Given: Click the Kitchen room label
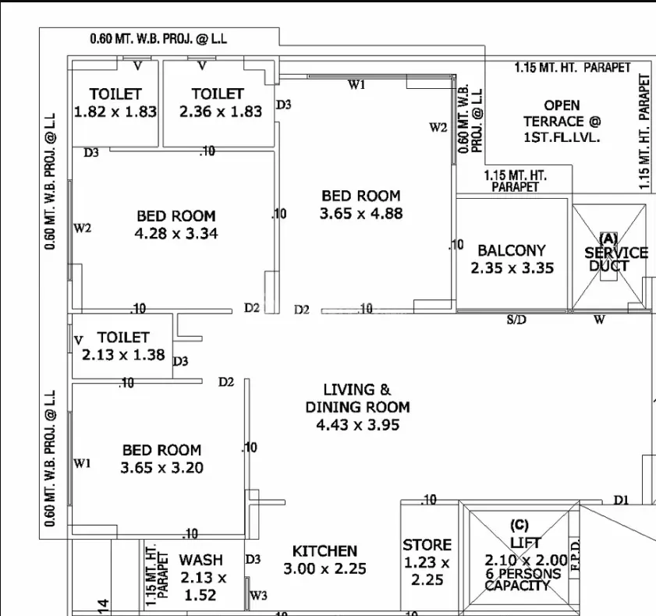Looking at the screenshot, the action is point(324,551).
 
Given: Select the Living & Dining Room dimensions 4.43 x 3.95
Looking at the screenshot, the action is point(358,425).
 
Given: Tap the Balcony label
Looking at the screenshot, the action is point(512,250).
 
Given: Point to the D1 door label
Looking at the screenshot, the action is point(621,500).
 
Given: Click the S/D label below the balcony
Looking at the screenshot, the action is point(516,320).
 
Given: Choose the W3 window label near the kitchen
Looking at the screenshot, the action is point(258,595).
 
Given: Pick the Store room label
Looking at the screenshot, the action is point(427,545).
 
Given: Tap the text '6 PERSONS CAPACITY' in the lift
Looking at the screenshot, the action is point(522,579).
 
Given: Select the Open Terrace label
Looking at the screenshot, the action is point(562,122).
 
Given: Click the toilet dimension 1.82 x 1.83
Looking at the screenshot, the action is point(115,112).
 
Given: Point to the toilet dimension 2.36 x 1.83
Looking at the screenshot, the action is point(221,112).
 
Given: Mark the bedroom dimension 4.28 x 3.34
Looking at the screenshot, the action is point(176,233).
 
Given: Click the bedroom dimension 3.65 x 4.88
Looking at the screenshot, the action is point(361,214).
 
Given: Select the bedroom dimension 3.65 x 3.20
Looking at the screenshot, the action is point(162,468).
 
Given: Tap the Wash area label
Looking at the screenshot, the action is point(200,560).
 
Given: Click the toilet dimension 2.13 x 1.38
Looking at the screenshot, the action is point(123,355).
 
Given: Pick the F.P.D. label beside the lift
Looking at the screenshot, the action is point(575,555).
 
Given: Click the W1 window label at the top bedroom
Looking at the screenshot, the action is point(356,85).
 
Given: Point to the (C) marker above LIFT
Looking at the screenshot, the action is point(519,525).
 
